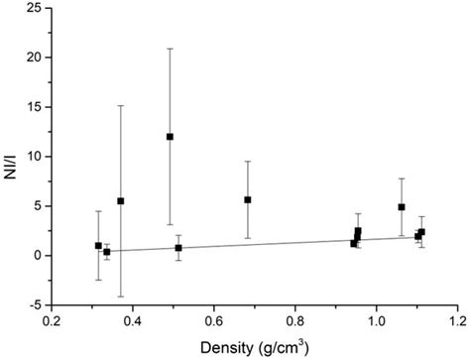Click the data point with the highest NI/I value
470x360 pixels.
pos(170,137)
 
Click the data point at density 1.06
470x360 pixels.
pos(402,207)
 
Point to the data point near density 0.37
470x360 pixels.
pos(121,201)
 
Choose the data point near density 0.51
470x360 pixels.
pos(178,248)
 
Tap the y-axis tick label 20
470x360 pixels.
pos(34,58)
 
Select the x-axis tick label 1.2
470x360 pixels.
pos(457,321)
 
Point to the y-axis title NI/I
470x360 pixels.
pos(12,156)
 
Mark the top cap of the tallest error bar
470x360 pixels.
pos(170,49)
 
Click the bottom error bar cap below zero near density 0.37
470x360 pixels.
pos(121,297)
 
